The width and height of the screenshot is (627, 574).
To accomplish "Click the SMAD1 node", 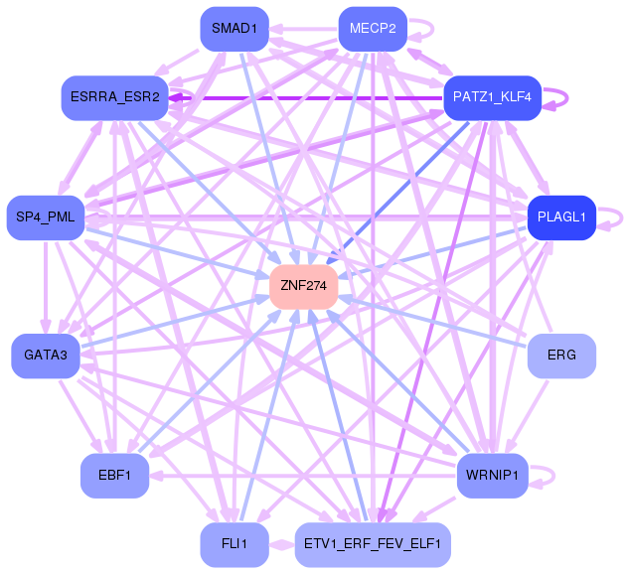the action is pyautogui.click(x=234, y=29).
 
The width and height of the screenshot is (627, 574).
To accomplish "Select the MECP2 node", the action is pyautogui.click(x=373, y=29).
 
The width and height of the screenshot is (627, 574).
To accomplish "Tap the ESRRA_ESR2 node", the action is pyautogui.click(x=115, y=97).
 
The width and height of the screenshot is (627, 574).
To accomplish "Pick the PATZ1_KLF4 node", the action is pyautogui.click(x=491, y=97).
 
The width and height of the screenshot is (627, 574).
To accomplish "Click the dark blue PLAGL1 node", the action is pyautogui.click(x=561, y=217).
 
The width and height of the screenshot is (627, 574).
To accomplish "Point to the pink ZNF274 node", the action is pyautogui.click(x=303, y=286).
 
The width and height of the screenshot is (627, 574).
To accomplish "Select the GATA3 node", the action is pyautogui.click(x=46, y=355).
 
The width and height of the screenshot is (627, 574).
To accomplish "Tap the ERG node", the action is pyautogui.click(x=561, y=355).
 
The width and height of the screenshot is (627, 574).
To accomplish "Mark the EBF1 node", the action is pyautogui.click(x=115, y=476).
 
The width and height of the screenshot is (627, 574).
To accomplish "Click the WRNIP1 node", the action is pyautogui.click(x=491, y=476).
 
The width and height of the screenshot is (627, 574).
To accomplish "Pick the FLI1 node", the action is pyautogui.click(x=234, y=544).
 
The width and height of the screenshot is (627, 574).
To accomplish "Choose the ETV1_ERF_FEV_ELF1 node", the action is pyautogui.click(x=373, y=544).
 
